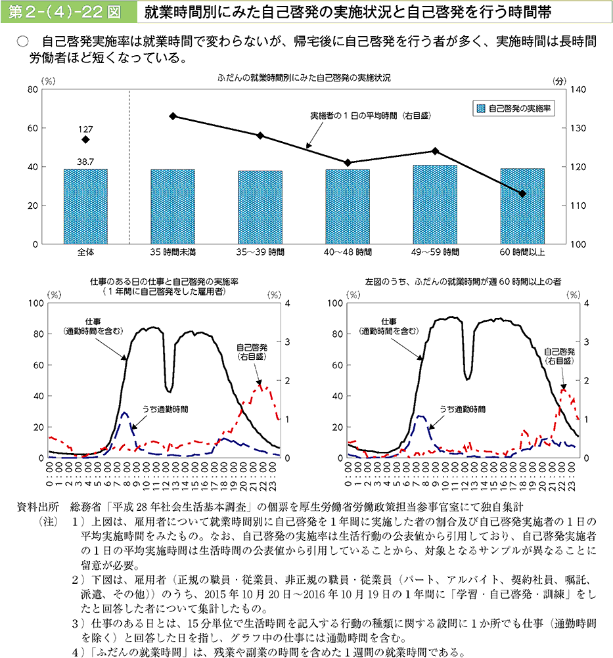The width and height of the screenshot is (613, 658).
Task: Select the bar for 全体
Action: click(x=85, y=206)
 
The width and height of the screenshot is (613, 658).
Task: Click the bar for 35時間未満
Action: click(x=173, y=206)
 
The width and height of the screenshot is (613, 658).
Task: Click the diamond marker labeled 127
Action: click(x=85, y=139)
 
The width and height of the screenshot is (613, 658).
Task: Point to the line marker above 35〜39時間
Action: click(x=260, y=135)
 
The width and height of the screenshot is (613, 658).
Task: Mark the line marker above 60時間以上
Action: click(x=522, y=194)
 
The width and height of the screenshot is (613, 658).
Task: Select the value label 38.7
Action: click(x=85, y=160)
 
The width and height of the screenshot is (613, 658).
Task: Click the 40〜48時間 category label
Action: click(x=348, y=252)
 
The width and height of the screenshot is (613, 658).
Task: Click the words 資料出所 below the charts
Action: click(x=40, y=507)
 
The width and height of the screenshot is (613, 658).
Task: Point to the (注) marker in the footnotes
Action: click(x=48, y=521)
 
